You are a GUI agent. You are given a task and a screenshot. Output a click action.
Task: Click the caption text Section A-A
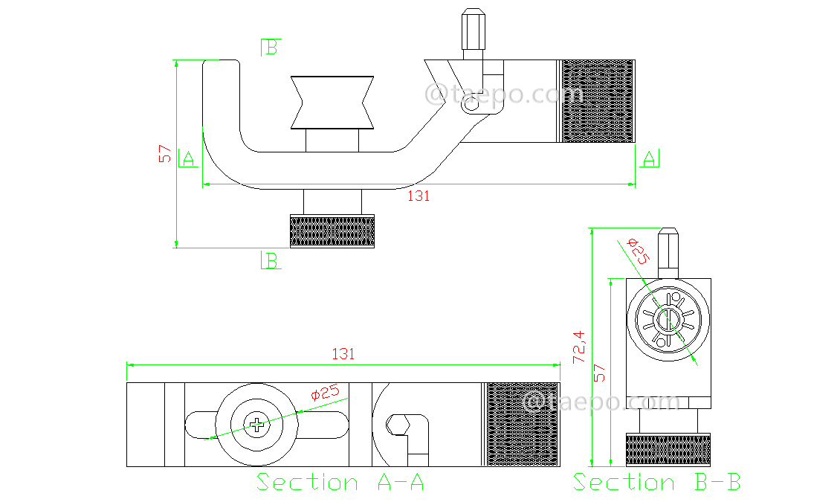pyautogui.click(x=340, y=482)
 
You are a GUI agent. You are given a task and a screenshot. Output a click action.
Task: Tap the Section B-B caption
pyautogui.click(x=656, y=482)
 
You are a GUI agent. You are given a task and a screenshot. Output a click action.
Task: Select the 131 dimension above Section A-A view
pyautogui.click(x=343, y=354)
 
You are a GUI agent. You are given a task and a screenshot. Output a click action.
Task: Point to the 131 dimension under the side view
pyautogui.click(x=419, y=196)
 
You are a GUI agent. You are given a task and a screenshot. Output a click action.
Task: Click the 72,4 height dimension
pyautogui.click(x=578, y=347)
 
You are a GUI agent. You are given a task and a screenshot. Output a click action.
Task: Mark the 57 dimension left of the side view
pyautogui.click(x=165, y=154)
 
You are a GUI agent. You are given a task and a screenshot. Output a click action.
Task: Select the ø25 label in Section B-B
pyautogui.click(x=638, y=251)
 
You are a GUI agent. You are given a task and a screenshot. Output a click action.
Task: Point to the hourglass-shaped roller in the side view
pyautogui.click(x=332, y=102)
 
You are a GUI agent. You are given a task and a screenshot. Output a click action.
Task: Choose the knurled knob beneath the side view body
pyautogui.click(x=332, y=231)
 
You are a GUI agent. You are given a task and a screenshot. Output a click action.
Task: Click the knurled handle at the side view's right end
pyautogui.click(x=597, y=101)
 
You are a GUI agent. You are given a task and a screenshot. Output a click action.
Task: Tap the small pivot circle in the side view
pyautogui.click(x=471, y=106)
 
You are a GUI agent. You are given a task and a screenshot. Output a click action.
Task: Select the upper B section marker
pyautogui.click(x=270, y=48)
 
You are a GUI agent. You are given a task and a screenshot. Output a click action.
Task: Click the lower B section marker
pyautogui.click(x=271, y=261)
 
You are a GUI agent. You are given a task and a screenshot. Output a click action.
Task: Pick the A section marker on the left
pyautogui.click(x=187, y=158)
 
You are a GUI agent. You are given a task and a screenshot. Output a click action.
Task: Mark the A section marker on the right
pyautogui.click(x=649, y=158)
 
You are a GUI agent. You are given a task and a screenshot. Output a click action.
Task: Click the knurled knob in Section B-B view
pyautogui.click(x=668, y=448)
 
